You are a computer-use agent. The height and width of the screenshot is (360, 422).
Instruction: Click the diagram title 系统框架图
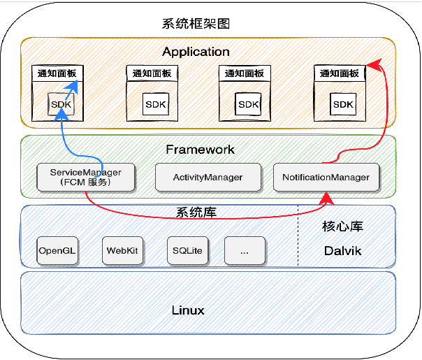[x=196, y=24]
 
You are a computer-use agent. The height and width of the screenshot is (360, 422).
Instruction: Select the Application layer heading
[x=196, y=52]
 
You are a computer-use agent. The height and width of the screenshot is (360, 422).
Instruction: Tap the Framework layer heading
[x=200, y=150]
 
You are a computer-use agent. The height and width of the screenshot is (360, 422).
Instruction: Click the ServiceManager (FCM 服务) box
[x=85, y=178]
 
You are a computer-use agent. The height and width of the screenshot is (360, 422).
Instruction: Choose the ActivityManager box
[x=208, y=178]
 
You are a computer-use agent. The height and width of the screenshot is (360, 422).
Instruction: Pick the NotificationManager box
[x=326, y=178]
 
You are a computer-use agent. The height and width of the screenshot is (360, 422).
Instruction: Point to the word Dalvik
[x=342, y=250]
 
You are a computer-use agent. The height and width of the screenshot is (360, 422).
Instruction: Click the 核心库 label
[x=342, y=226]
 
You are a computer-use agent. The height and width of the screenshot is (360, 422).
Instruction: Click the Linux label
[x=188, y=310]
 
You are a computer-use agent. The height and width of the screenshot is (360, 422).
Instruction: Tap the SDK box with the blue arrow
[x=61, y=105]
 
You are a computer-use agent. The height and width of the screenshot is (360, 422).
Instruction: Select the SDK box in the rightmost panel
[x=343, y=105]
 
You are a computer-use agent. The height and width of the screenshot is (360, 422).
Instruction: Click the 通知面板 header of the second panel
[x=151, y=73]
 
